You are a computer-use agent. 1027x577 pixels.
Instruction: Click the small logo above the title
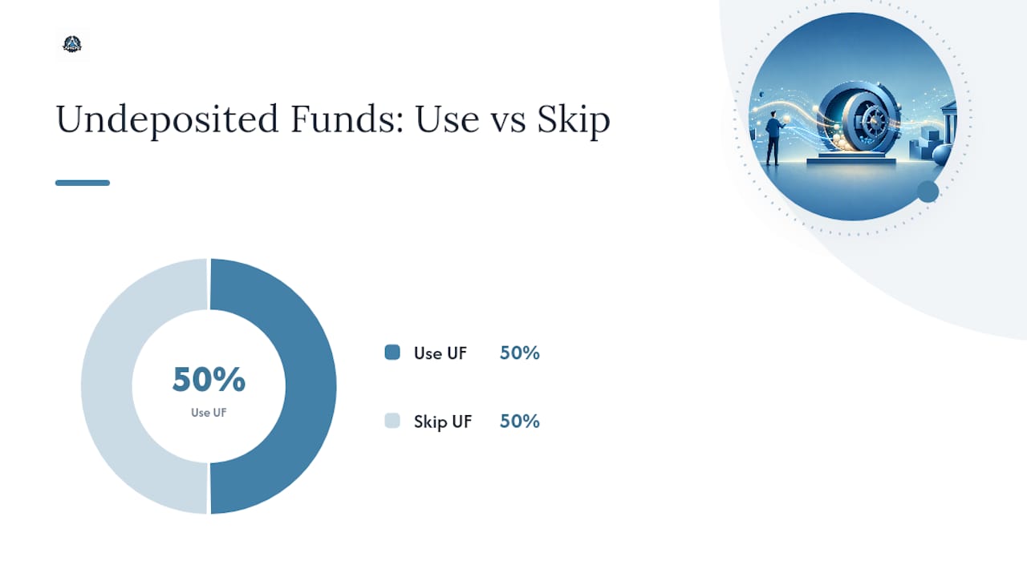point(72,44)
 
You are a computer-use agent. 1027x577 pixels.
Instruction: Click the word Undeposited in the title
point(168,119)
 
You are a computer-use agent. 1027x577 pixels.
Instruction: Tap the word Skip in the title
point(574,120)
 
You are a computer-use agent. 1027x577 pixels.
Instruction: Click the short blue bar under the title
point(83,183)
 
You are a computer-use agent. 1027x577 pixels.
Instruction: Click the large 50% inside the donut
point(209,379)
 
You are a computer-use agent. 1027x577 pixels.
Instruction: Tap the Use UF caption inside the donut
point(209,413)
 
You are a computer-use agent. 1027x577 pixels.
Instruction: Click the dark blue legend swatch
point(392,352)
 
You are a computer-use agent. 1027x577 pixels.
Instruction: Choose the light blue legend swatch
point(392,421)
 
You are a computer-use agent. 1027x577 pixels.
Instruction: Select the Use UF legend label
point(440,353)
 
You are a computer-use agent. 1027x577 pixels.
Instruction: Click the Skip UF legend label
point(443,422)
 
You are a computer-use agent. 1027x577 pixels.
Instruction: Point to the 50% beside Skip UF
point(520,422)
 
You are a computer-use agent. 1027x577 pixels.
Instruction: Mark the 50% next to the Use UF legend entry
point(520,353)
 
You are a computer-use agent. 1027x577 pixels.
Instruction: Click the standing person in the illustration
point(773,138)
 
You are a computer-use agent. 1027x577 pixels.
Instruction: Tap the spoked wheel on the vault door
point(875,122)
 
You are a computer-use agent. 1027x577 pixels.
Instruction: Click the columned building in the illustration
point(948,123)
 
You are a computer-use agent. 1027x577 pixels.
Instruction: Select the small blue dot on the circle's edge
point(928,192)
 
